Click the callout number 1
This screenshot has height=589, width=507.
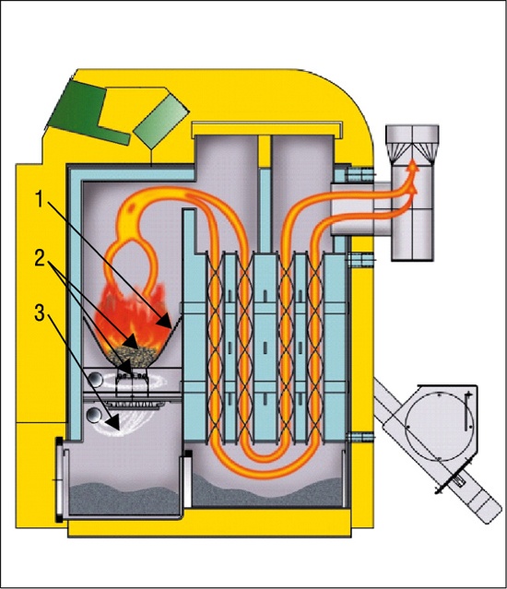[41, 199]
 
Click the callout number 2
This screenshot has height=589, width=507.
[41, 258]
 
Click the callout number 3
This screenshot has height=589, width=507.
[40, 312]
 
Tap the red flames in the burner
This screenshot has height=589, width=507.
[130, 317]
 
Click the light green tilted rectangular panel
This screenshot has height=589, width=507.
[161, 120]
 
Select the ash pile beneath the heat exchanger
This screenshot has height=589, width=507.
[267, 490]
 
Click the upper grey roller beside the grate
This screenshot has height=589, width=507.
[96, 380]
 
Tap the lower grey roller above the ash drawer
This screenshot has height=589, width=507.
[94, 416]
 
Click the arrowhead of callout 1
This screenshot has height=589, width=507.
[165, 322]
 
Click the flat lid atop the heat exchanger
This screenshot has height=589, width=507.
[266, 129]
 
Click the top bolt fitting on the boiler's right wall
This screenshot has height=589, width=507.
[361, 174]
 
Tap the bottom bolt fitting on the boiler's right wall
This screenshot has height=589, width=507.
[361, 437]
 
